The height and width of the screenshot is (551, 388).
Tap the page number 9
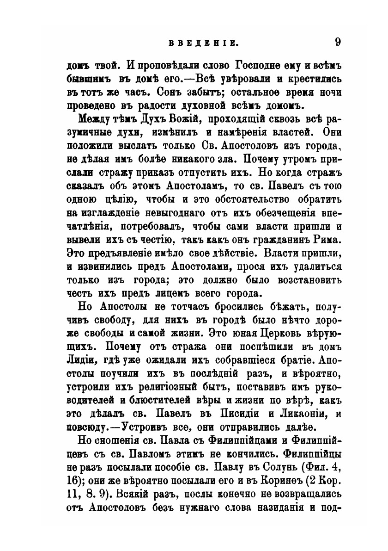point(338,42)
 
